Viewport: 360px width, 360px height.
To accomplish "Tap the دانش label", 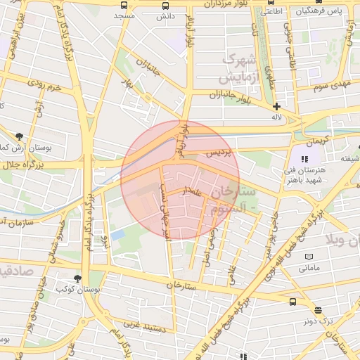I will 165,15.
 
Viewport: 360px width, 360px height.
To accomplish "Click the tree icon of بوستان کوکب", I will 77,279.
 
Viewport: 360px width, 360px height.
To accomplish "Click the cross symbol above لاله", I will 277,106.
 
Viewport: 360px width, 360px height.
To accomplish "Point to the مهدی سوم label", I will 333,84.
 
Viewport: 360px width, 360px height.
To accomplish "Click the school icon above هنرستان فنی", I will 304,159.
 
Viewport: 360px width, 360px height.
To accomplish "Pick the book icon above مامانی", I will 309,257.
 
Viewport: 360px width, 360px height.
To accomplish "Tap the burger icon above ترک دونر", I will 318,310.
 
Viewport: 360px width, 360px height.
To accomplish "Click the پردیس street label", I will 217,152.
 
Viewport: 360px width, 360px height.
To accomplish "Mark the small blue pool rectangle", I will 117,234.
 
